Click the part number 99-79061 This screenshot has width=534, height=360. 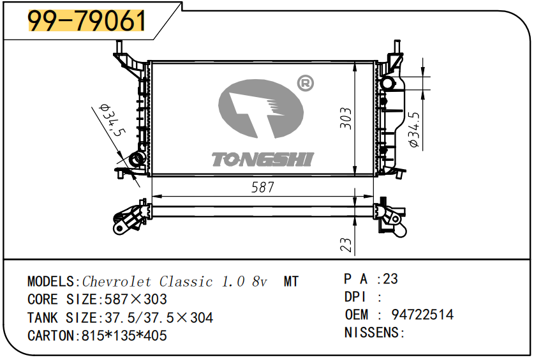[87, 20]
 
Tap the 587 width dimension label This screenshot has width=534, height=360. [263, 187]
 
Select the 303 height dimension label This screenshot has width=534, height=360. [346, 118]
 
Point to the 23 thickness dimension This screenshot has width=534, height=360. [346, 244]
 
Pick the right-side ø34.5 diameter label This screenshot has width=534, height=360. [415, 130]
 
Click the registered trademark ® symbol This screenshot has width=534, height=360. [305, 83]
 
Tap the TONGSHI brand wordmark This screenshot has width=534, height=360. [263, 160]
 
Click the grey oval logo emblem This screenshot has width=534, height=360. [261, 109]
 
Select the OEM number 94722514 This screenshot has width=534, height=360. [422, 314]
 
